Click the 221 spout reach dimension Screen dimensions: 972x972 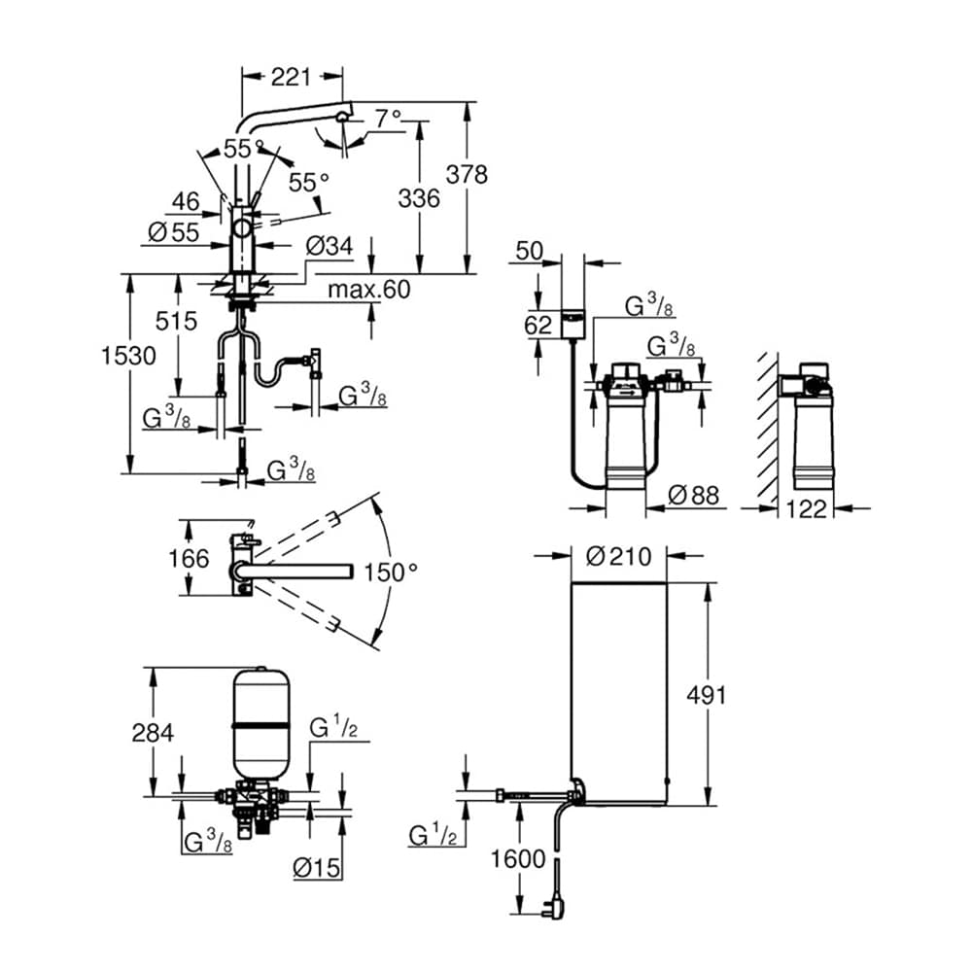pos(291,76)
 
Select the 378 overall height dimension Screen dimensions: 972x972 pos(467,175)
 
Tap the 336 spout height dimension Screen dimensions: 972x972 pos(420,198)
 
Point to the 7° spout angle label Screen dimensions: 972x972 pos(388,118)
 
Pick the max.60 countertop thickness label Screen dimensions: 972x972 pos(368,289)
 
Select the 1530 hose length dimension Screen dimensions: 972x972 pos(129,357)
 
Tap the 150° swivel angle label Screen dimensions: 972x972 pos(390,572)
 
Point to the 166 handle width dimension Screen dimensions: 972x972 pos(188,558)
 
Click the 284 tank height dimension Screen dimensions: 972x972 pos(153,732)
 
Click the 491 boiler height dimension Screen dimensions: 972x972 pos(706,694)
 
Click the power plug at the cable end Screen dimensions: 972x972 pos(555,908)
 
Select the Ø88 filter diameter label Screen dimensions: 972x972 pos(695,496)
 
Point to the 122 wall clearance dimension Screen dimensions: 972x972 pos(806,508)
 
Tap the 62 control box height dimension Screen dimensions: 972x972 pos(538,326)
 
